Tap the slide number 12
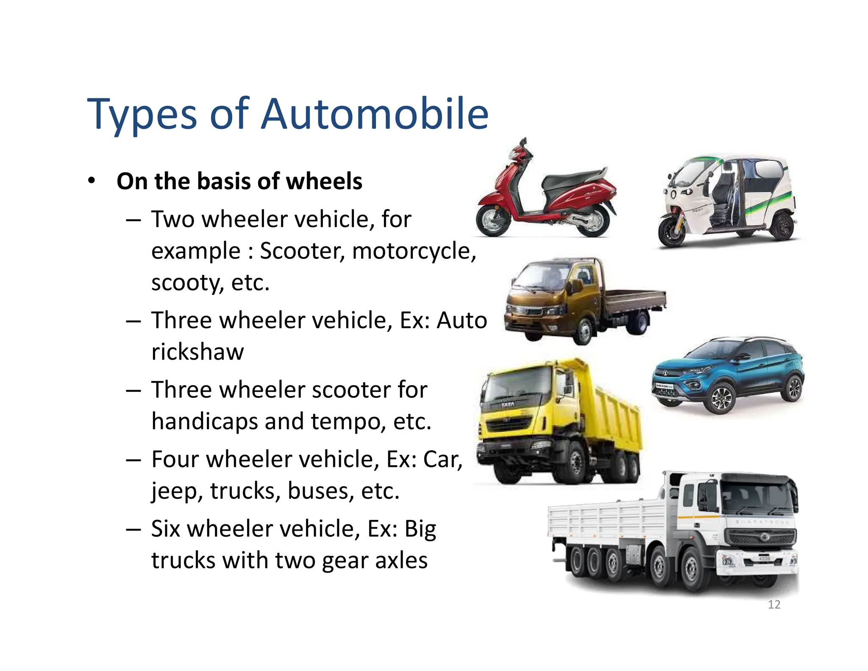[x=774, y=604]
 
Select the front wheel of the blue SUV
[x=721, y=399]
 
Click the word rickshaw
[x=198, y=352]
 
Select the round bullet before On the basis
[x=92, y=181]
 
